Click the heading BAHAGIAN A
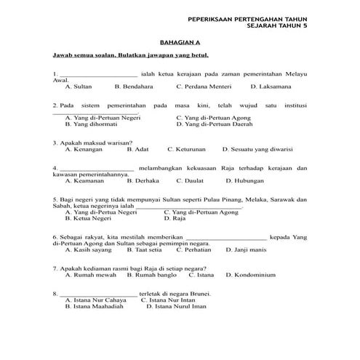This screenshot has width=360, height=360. tap(179, 42)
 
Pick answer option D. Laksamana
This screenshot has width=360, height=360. tap(270, 86)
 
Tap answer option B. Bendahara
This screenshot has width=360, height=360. tap(134, 86)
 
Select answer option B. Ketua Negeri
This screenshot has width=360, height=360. tap(91, 217)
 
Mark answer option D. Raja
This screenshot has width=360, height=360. tap(175, 217)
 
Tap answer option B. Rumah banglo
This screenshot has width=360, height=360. tap(151, 275)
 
